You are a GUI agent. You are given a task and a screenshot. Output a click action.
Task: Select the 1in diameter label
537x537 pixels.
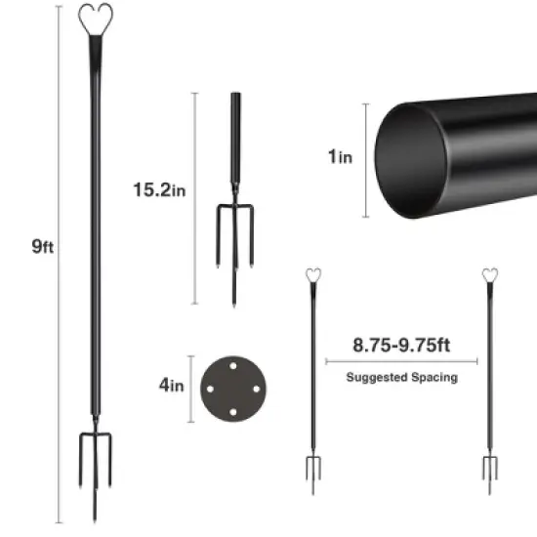(x=340, y=156)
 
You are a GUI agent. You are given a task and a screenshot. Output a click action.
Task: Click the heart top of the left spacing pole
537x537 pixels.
(x=314, y=275)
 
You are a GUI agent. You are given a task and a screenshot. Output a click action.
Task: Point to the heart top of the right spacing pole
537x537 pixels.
(x=487, y=275)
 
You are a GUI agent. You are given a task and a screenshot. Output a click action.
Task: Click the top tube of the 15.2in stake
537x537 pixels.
(x=235, y=127)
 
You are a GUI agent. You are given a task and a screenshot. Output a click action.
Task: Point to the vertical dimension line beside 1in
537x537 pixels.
(x=366, y=156)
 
